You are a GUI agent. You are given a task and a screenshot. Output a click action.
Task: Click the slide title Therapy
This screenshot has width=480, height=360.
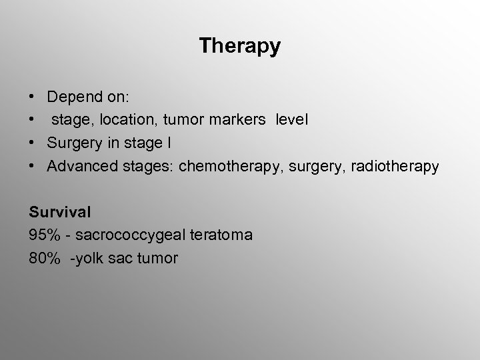240,46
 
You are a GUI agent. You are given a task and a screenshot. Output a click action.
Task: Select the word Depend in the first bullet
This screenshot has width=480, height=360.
71,97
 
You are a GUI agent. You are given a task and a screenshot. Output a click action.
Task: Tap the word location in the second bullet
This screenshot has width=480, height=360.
127,121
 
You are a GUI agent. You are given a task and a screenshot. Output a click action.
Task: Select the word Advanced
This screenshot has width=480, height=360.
79,167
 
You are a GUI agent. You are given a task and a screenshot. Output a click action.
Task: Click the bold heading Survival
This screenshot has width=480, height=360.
60,212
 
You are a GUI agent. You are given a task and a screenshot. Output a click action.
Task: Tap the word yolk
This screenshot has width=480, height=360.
89,258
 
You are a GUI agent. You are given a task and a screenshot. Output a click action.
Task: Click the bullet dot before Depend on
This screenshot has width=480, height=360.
33,97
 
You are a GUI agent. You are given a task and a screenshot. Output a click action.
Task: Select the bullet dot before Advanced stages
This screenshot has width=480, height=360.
33,167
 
